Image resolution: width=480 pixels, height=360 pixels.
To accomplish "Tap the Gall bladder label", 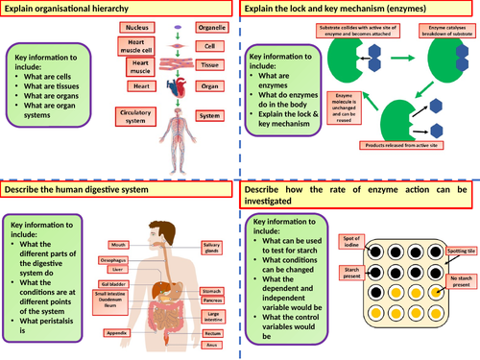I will [115, 284].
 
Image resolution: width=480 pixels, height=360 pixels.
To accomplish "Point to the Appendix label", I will [119, 333].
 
